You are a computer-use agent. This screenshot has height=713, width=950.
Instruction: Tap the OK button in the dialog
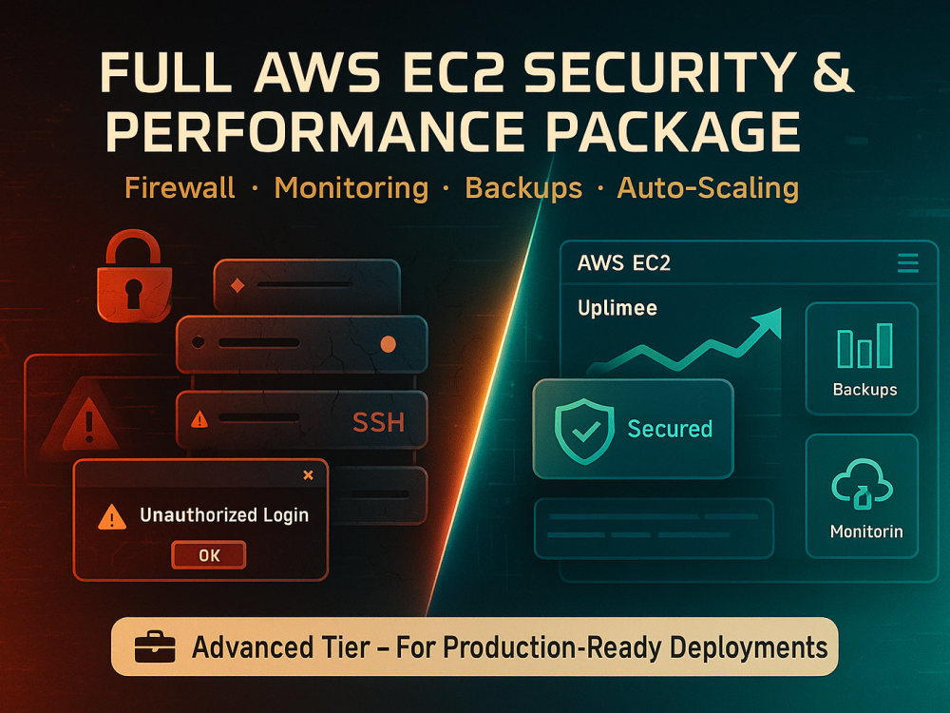click(x=209, y=555)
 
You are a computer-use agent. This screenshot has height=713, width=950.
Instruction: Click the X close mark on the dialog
click(x=309, y=475)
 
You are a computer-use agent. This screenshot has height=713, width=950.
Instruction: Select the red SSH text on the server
click(x=378, y=422)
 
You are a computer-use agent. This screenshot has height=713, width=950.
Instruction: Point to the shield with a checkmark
click(x=584, y=431)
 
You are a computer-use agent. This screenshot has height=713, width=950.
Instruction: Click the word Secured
click(x=670, y=429)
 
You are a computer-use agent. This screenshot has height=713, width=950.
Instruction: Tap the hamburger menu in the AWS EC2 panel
click(x=907, y=263)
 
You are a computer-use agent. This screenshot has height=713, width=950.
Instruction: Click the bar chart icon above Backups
click(x=864, y=346)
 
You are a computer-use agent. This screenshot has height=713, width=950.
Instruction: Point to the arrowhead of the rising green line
click(x=769, y=320)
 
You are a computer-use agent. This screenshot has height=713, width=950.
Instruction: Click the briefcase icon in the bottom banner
click(x=155, y=646)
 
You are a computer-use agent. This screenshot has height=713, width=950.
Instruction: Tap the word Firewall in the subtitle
click(x=180, y=188)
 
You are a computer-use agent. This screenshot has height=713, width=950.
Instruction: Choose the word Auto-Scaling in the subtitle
click(x=708, y=188)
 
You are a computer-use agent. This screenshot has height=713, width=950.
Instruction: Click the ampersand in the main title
click(x=833, y=73)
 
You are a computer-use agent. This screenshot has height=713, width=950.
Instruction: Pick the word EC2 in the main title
click(x=450, y=73)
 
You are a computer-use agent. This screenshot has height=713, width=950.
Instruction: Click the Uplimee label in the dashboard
click(x=617, y=308)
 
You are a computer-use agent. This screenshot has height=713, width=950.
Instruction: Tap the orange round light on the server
click(x=388, y=344)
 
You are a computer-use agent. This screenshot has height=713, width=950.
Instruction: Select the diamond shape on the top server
click(x=237, y=285)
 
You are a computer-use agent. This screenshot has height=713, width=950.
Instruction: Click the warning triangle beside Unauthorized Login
click(x=112, y=517)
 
